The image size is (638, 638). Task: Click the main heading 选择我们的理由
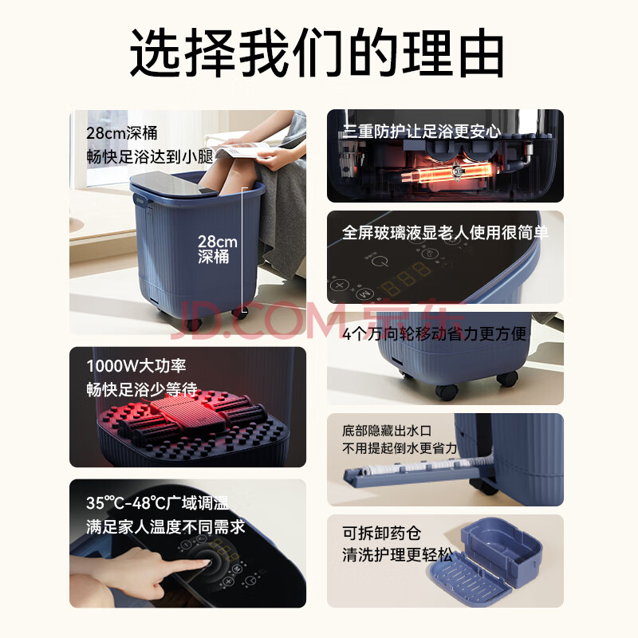click(317, 52)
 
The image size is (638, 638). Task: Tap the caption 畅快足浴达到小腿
click(150, 156)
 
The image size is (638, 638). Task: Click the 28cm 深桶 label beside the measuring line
click(217, 249)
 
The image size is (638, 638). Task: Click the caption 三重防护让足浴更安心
click(422, 131)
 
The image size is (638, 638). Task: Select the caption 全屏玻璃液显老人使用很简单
click(445, 232)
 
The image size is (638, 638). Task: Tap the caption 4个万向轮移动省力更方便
click(434, 333)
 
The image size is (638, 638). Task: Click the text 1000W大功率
click(136, 366)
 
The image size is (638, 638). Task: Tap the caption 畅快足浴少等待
click(142, 389)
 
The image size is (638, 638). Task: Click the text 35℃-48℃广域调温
click(157, 503)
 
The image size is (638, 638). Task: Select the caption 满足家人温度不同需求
click(166, 527)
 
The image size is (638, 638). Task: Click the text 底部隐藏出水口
click(387, 430)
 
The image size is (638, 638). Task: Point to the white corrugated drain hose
click(423, 467)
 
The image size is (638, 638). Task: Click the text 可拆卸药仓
click(381, 533)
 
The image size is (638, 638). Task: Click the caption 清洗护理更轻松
click(397, 554)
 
